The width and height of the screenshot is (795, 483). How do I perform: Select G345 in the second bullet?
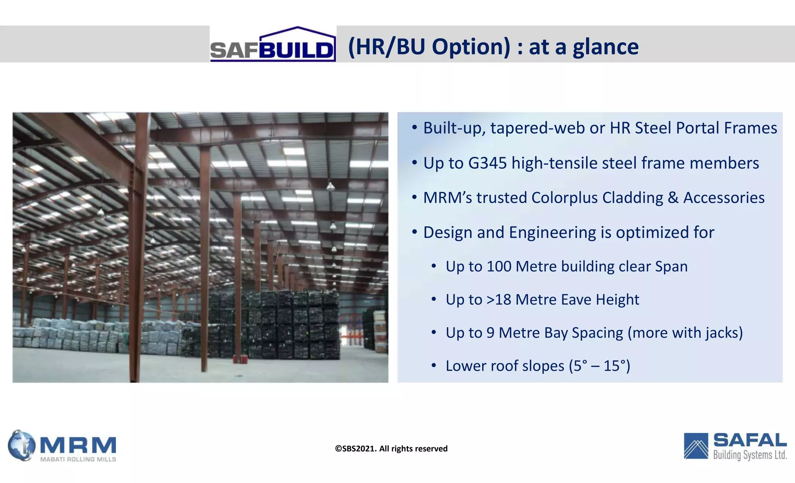point(487,163)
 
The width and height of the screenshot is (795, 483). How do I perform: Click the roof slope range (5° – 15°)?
point(599,366)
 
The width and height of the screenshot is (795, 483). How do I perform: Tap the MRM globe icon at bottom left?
point(21,445)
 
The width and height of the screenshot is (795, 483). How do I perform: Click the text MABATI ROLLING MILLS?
point(78,459)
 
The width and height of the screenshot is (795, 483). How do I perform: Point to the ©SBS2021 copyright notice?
point(391,449)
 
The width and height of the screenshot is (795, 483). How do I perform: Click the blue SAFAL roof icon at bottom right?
point(696,446)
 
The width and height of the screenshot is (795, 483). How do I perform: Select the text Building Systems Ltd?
point(750,455)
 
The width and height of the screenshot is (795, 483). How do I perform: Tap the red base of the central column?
point(238,359)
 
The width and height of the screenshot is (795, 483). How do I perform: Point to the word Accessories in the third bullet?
point(724,197)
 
